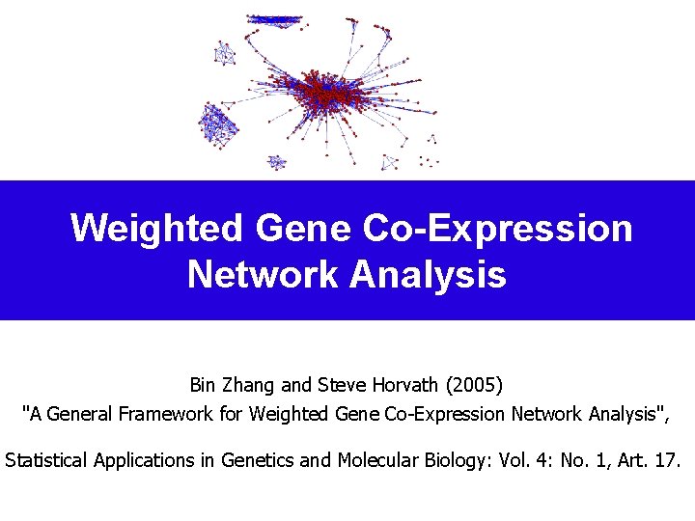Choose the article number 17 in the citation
tap(667, 460)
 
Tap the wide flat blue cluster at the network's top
tap(274, 19)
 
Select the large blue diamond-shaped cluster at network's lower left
tap(218, 123)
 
